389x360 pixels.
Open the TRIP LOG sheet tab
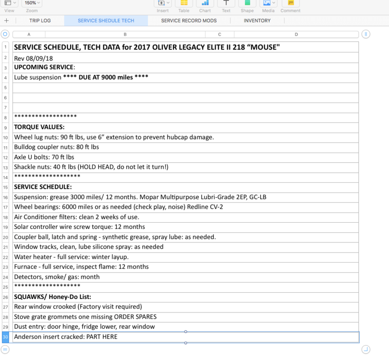[x=39, y=21]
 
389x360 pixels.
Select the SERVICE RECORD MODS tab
[x=189, y=21]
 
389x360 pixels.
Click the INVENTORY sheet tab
[x=257, y=21]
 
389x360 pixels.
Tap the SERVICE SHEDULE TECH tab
[x=106, y=21]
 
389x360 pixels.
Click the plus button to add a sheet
[x=6, y=21]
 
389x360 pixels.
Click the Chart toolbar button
[x=205, y=4]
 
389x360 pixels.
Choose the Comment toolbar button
[x=291, y=4]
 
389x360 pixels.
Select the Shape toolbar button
[x=247, y=4]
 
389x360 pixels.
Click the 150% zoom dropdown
[x=32, y=3]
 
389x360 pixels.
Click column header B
[x=125, y=35]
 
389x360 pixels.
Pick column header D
[x=296, y=35]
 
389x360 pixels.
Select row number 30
[x=6, y=337]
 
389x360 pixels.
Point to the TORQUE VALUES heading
[x=39, y=127]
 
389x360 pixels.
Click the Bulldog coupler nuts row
[x=56, y=147]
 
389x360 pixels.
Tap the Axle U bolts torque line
[x=44, y=157]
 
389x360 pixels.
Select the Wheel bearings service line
[x=118, y=207]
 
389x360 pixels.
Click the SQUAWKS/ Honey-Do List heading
[x=52, y=297]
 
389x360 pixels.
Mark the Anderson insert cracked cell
[x=65, y=337]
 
